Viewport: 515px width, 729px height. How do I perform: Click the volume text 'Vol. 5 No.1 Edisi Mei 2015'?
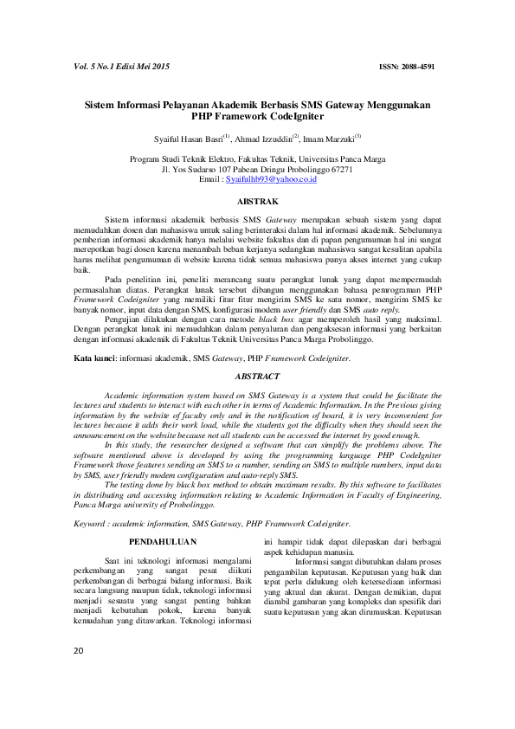point(120,67)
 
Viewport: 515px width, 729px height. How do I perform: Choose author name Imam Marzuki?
point(329,138)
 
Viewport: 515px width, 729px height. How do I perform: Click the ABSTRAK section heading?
point(257,200)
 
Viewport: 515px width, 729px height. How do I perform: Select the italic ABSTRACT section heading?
point(257,377)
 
